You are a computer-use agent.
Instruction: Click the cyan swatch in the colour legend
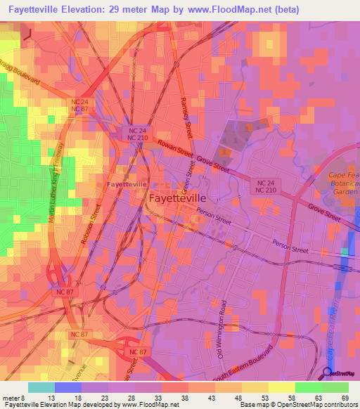41,387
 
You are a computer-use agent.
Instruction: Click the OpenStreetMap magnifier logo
328,373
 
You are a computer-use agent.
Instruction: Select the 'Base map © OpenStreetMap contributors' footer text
299,404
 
